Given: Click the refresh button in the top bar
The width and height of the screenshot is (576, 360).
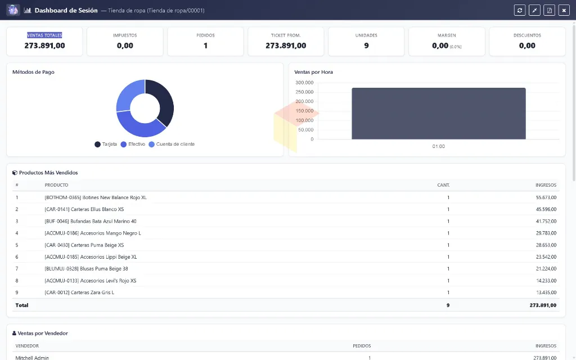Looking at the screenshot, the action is click(x=519, y=10).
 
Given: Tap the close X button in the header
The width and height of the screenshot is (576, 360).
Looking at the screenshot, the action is click(x=564, y=10).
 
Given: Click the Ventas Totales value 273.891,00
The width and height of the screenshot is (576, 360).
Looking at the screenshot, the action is click(x=44, y=46).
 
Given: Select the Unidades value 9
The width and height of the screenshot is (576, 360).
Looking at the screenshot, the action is click(x=366, y=46).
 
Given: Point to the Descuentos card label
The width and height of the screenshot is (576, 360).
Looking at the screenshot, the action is click(x=527, y=35).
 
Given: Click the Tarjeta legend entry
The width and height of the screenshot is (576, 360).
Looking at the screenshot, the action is click(x=106, y=145).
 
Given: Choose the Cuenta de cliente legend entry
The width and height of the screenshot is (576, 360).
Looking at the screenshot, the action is click(x=172, y=145).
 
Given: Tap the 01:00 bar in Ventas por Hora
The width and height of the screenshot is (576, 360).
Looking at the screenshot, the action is click(x=439, y=114).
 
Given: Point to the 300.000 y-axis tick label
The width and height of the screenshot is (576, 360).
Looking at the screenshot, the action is click(x=304, y=83).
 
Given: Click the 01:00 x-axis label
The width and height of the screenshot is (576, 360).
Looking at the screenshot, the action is click(x=438, y=146).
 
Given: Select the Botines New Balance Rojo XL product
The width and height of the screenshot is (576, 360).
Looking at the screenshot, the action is click(x=96, y=197).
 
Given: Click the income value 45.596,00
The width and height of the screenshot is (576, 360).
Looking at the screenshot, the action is click(x=546, y=209).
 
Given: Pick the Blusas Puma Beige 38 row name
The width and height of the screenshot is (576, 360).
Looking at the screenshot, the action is click(x=86, y=268).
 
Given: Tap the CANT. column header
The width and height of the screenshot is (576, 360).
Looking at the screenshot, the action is click(x=443, y=185).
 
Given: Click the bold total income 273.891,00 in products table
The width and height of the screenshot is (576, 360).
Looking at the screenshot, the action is click(x=543, y=305).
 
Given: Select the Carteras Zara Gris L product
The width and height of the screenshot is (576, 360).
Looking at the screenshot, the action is click(x=79, y=292).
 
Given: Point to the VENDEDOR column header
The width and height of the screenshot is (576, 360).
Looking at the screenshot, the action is click(x=27, y=346).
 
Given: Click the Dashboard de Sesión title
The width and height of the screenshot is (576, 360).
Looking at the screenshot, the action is click(x=66, y=10).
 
